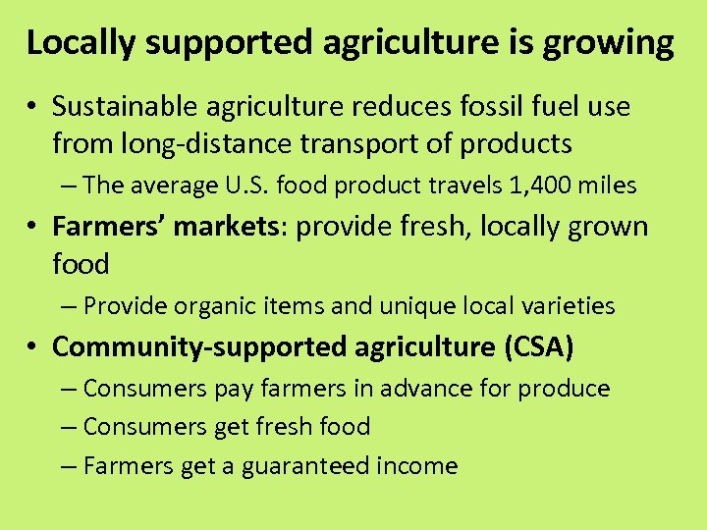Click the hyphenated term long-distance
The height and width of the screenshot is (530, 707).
point(204,144)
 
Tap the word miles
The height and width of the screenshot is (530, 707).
point(607,185)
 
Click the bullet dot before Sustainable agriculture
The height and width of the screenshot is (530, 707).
point(33,106)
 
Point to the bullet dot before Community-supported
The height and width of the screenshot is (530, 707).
point(33,347)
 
